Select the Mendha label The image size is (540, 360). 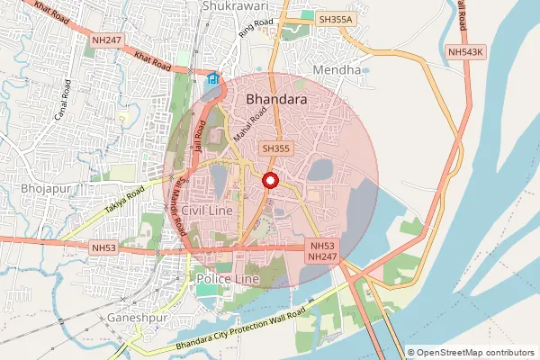(x=336, y=69)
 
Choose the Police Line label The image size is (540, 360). (x=227, y=280)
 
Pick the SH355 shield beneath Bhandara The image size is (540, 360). (x=275, y=148)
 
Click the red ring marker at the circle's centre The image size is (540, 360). (x=269, y=181)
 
